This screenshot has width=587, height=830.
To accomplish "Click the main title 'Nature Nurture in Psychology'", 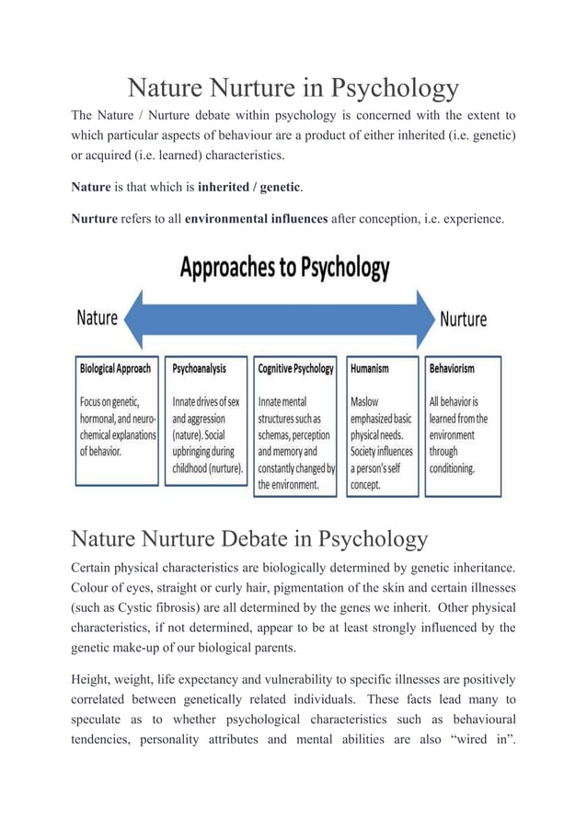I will pyautogui.click(x=293, y=88).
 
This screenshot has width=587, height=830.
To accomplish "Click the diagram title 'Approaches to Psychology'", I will pyautogui.click(x=284, y=268).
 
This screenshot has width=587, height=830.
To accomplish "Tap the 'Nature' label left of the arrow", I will pyautogui.click(x=97, y=318).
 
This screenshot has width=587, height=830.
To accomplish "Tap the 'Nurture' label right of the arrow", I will pyautogui.click(x=463, y=319).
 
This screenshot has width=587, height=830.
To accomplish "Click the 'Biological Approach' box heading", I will pyautogui.click(x=116, y=368).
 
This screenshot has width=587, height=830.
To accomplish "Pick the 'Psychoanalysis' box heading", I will pyautogui.click(x=199, y=368).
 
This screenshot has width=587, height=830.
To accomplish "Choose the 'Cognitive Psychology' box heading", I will pyautogui.click(x=295, y=368).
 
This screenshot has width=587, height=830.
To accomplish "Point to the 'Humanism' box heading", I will pyautogui.click(x=370, y=368).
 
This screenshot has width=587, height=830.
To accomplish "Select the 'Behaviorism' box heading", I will pyautogui.click(x=452, y=368).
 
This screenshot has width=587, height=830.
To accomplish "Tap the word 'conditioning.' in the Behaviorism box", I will pyautogui.click(x=452, y=467).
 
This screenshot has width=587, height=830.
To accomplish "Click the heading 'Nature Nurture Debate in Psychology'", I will pyautogui.click(x=249, y=538).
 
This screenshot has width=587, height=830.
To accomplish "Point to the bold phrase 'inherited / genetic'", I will pyautogui.click(x=249, y=187).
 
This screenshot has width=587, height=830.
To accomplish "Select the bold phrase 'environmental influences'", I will pyautogui.click(x=256, y=219).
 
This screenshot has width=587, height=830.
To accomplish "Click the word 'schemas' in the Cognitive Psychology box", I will pyautogui.click(x=274, y=435).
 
